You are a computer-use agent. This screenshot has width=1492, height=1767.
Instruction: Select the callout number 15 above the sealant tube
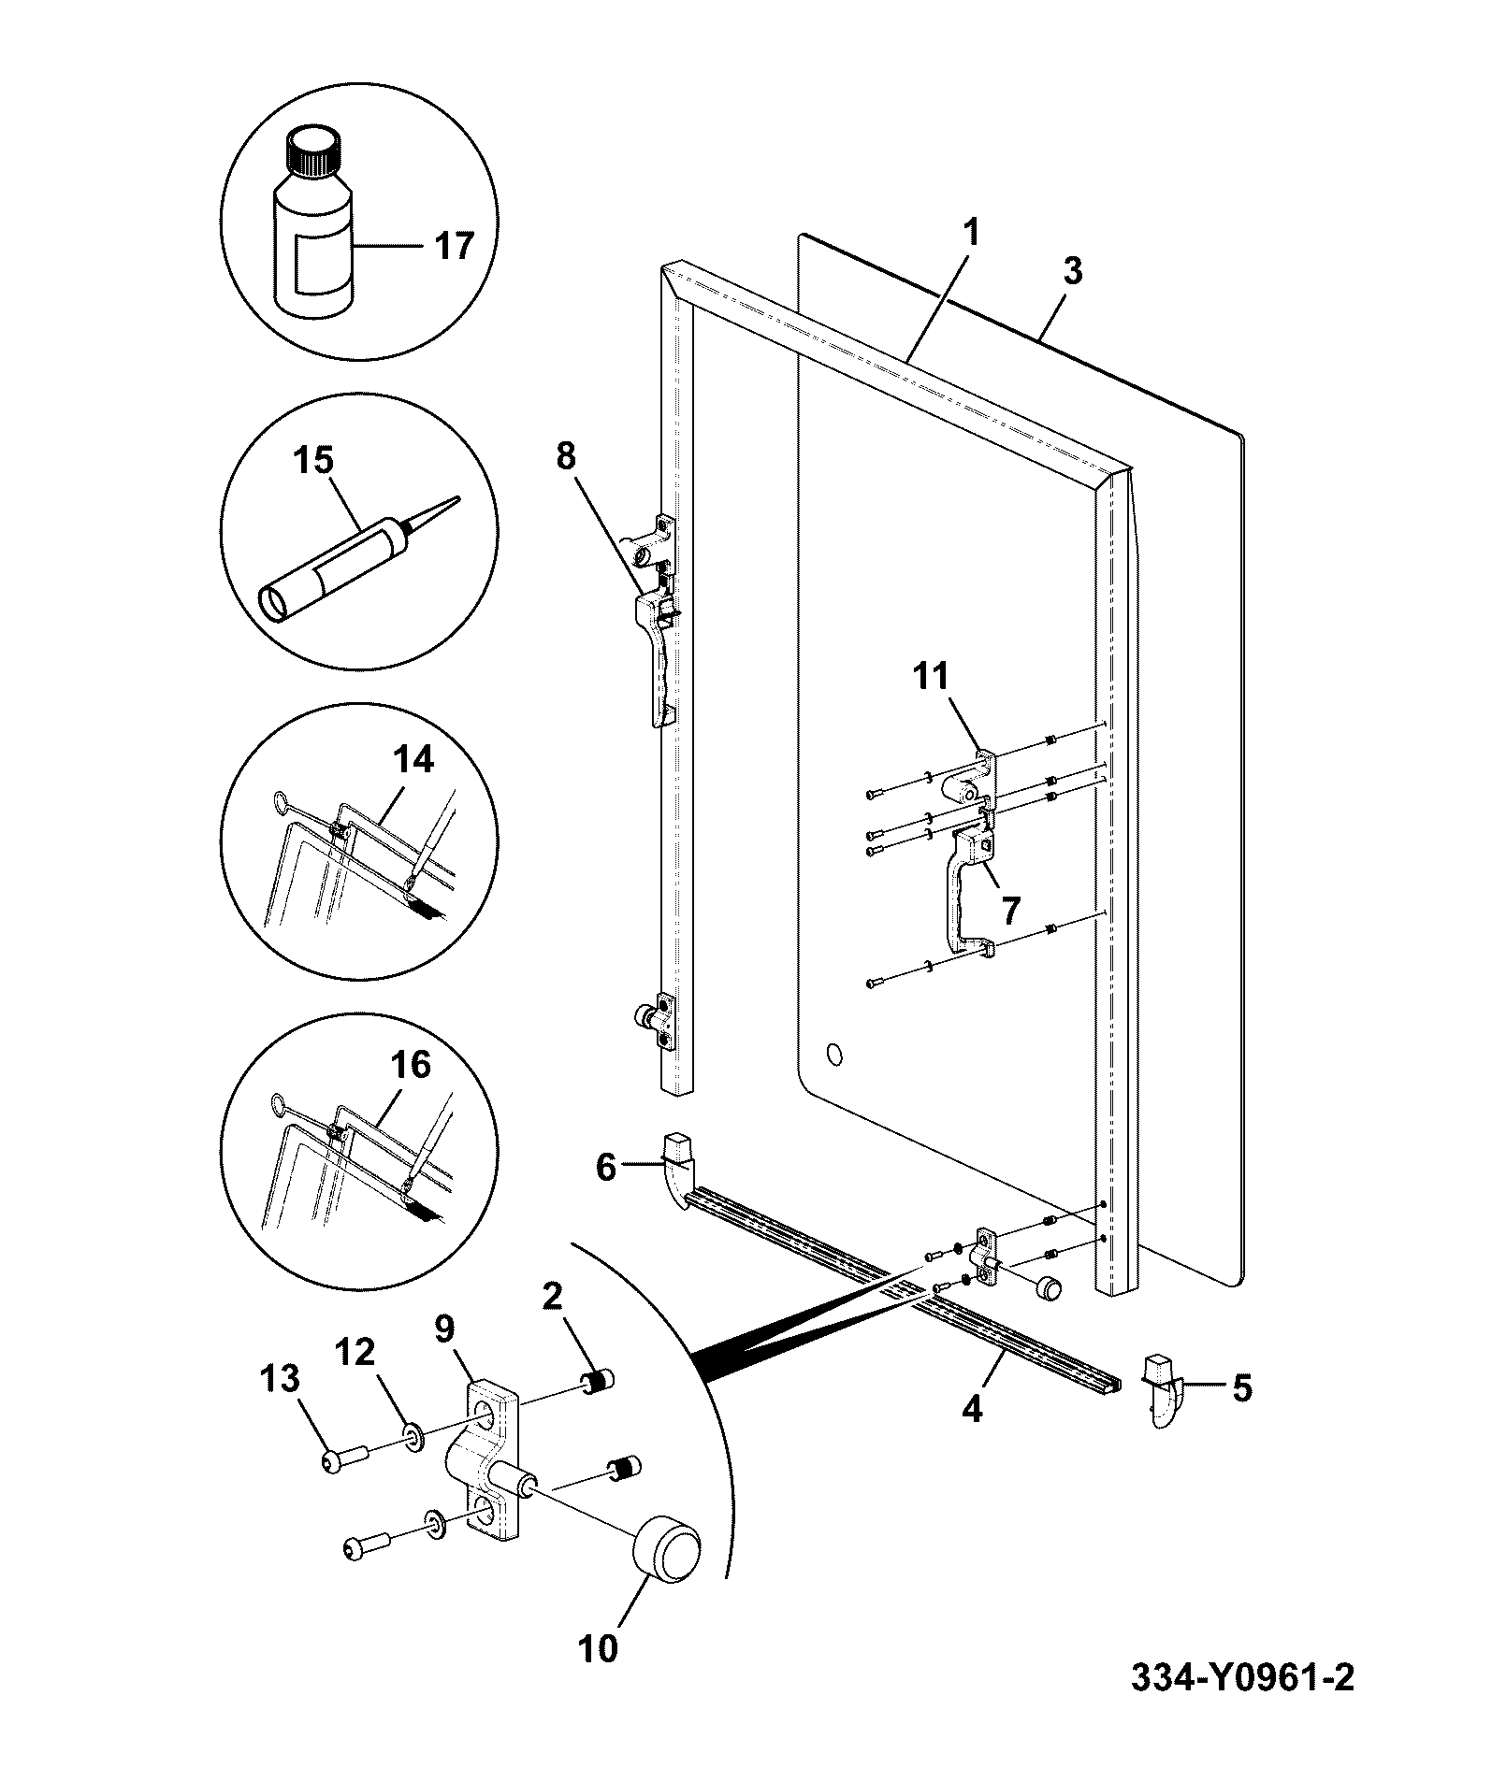click(312, 460)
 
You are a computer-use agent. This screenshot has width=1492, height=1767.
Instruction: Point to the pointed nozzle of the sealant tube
click(434, 514)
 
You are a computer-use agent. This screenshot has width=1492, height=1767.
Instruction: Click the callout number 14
click(413, 760)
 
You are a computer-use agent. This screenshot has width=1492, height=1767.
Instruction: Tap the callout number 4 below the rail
click(973, 1409)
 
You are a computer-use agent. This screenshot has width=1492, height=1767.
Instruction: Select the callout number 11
click(930, 675)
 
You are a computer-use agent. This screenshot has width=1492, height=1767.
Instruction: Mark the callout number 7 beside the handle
click(1010, 908)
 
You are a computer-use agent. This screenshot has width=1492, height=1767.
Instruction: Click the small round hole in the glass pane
click(835, 1056)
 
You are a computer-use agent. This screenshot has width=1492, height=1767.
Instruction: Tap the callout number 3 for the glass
click(1073, 271)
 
